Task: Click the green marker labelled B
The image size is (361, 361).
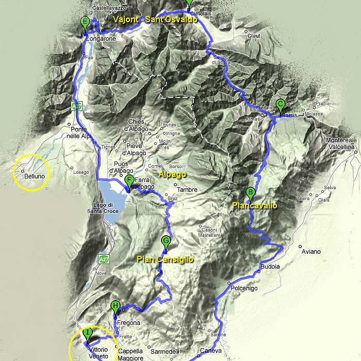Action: pos(251,193)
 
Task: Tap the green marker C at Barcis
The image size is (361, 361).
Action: pos(280,105)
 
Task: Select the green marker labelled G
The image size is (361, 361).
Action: pos(166,241)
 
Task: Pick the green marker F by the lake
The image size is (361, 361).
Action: pos(129,180)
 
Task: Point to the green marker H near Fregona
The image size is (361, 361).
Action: pos(116,307)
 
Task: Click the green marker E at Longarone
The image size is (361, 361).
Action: pos(85,23)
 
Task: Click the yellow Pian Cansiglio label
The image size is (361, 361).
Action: pos(165,259)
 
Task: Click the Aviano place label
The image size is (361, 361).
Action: pos(311,252)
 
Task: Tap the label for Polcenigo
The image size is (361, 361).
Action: pos(244,288)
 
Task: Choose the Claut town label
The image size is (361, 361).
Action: pos(254,36)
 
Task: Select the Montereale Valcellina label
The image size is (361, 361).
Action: pos(341,143)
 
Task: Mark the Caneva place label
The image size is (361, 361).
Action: pos(210,351)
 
